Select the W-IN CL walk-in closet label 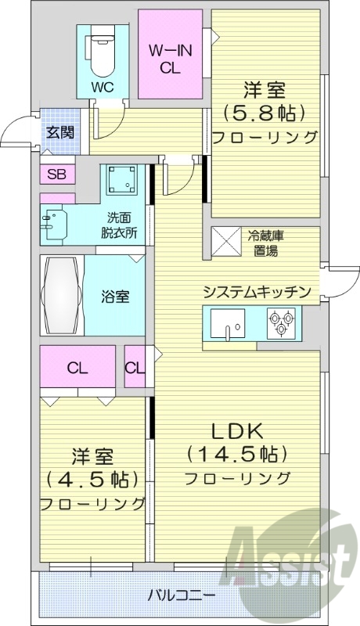coord(171,58)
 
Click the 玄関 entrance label coord(59,131)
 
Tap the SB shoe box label coord(56,174)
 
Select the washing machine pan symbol coord(123,182)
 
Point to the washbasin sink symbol coord(53,223)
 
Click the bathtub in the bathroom coord(62,296)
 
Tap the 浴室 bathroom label coord(115,297)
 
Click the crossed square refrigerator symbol coord(228,242)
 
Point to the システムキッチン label coord(257,292)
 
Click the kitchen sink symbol coord(227,324)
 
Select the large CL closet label coord(77,368)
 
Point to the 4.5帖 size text coord(92,477)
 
